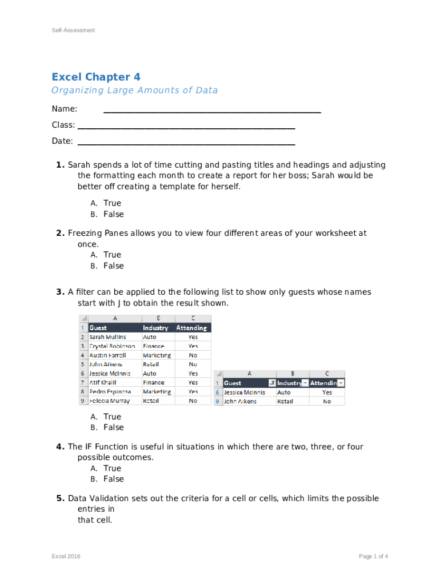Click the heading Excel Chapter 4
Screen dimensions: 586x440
(x=96, y=77)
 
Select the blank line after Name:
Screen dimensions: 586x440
(x=211, y=111)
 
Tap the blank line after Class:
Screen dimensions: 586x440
(x=186, y=127)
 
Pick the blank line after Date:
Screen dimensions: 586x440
(x=186, y=143)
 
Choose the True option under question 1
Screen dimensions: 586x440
(x=112, y=203)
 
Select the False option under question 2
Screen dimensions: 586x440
(x=113, y=266)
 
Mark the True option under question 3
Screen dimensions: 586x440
(x=112, y=417)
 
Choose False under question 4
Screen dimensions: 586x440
(x=113, y=479)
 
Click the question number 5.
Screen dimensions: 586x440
(x=60, y=498)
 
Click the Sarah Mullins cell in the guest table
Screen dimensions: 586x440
(x=107, y=337)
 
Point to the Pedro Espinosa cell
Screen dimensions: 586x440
(x=110, y=392)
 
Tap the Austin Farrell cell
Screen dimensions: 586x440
(x=107, y=355)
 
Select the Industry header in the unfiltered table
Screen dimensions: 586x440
(x=155, y=328)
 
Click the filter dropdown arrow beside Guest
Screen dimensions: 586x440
(x=272, y=383)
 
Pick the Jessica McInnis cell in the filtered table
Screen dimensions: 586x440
(x=245, y=393)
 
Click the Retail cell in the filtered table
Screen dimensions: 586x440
(x=283, y=402)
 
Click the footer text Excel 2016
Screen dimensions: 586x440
(x=66, y=556)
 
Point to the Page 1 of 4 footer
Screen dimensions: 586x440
(x=374, y=556)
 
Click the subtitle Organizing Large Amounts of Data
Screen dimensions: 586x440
(x=134, y=90)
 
